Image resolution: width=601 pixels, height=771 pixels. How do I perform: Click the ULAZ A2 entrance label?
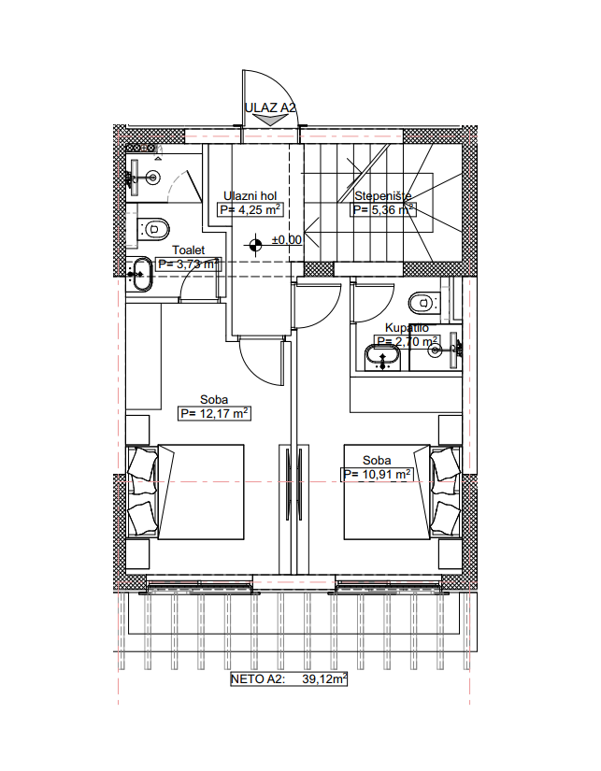(x=270, y=107)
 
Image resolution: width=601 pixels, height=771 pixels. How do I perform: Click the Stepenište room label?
(x=382, y=195)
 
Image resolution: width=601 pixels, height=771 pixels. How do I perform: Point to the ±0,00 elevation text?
(x=287, y=240)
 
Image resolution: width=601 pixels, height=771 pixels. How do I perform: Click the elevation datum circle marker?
(x=255, y=244)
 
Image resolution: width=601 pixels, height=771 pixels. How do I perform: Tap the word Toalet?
(x=189, y=250)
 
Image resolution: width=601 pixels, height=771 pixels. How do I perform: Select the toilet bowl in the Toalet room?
(x=154, y=229)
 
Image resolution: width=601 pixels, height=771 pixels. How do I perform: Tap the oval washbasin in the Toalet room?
(x=142, y=274)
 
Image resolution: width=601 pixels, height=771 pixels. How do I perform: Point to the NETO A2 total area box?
(x=289, y=679)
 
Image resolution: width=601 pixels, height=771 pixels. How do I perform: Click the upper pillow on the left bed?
(x=143, y=464)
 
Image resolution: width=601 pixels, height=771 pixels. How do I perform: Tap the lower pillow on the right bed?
(x=445, y=518)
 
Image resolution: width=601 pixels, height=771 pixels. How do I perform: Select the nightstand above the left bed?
(x=137, y=430)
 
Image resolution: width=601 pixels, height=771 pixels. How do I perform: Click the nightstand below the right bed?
(x=450, y=554)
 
